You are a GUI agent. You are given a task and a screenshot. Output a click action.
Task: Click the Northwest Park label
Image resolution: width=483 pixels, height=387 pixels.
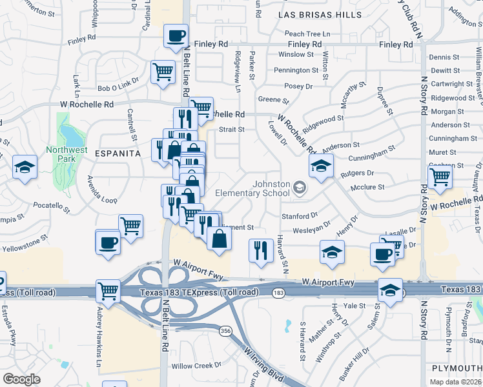(67, 154)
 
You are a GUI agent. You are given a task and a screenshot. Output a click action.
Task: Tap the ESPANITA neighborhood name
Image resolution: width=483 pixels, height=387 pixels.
(118, 154)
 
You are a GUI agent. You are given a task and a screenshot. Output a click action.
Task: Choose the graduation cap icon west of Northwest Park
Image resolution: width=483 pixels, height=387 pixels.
(24, 168)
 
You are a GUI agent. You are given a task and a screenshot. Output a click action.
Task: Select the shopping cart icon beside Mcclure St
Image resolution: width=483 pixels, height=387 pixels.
(439, 175)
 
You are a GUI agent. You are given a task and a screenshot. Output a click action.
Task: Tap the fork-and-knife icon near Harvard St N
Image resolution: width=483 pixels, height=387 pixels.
(260, 250)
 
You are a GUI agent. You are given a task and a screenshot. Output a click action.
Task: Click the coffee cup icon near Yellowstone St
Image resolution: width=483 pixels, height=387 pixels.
(108, 243)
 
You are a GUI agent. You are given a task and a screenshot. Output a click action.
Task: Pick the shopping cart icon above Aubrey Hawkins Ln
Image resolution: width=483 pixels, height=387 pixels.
(108, 290)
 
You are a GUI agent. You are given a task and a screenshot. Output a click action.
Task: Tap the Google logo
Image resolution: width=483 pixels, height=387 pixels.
(21, 379)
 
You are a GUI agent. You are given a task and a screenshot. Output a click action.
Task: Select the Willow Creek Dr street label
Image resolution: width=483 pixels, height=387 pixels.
(192, 366)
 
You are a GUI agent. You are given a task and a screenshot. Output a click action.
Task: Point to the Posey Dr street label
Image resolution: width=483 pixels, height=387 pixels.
(298, 85)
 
